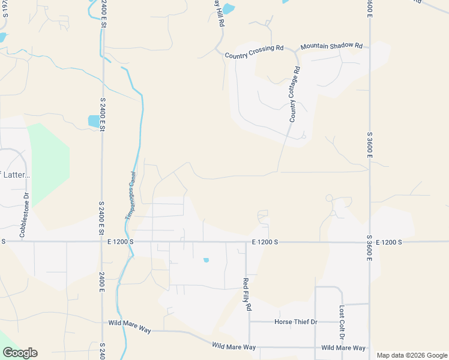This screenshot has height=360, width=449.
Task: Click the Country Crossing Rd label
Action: click(254, 52)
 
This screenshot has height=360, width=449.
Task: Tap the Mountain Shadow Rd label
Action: click(332, 46)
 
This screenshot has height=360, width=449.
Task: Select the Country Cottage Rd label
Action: click(294, 95)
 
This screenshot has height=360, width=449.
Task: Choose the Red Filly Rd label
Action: click(246, 294)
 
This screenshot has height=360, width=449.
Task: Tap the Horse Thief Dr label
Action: click(295, 322)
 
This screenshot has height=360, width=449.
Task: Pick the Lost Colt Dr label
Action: click(342, 321)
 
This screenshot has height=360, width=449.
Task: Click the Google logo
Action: click(20, 353)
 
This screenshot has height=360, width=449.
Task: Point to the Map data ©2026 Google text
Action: click(411, 355)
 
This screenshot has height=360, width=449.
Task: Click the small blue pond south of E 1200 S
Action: click(206, 260)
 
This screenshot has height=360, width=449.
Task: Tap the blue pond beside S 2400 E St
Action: click(94, 121)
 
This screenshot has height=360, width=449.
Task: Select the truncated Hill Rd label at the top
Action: click(219, 13)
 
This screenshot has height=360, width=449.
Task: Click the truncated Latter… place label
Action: click(16, 175)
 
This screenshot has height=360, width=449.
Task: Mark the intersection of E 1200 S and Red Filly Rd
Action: click(246, 242)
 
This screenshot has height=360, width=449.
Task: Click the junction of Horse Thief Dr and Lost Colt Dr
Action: click(342, 322)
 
